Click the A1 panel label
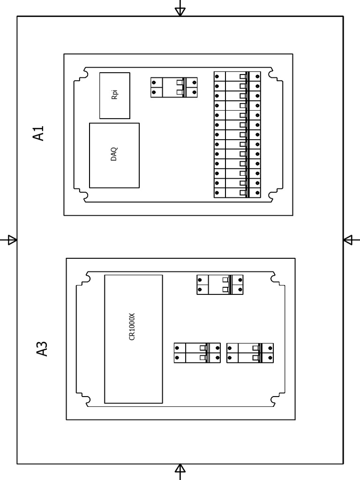38,133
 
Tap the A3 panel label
42,349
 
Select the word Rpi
114,95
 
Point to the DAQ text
114,155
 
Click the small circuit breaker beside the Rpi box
174,87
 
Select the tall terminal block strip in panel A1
237,135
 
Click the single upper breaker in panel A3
220,285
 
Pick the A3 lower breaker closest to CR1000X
197,353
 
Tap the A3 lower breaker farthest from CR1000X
250,353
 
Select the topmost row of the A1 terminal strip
237,76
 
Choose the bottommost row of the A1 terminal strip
237,193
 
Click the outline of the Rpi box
100,95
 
